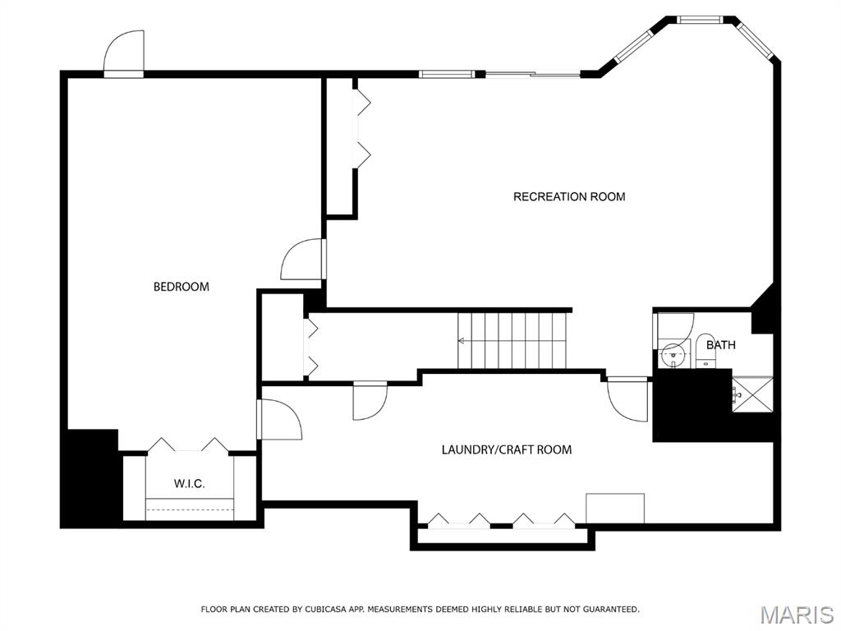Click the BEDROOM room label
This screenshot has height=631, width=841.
point(182,287)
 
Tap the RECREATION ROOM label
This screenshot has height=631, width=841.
point(569,196)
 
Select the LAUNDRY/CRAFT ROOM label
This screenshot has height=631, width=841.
point(506,449)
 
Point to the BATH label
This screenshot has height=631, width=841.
point(721,344)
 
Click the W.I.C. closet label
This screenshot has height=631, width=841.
point(190,483)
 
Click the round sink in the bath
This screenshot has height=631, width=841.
point(671,354)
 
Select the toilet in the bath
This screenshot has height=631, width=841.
point(705,352)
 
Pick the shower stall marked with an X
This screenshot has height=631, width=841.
point(753,395)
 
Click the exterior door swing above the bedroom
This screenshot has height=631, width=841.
point(124,53)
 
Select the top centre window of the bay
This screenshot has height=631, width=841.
point(700,20)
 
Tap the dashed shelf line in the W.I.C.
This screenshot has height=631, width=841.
point(190,508)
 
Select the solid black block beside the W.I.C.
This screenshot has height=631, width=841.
point(90,478)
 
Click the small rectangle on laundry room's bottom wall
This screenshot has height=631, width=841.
point(615,508)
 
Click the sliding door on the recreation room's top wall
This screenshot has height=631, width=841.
point(532,74)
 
